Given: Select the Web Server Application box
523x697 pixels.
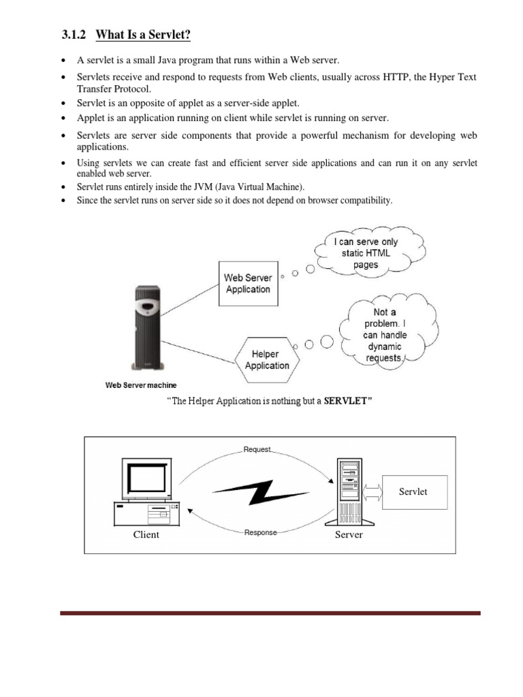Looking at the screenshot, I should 247,283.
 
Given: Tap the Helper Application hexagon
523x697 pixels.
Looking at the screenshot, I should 267,359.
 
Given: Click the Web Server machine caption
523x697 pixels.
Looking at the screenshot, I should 140,385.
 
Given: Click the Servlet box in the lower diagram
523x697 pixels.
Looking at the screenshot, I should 413,492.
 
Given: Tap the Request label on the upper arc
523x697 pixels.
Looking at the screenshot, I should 257,450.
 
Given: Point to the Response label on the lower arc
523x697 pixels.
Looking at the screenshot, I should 260,532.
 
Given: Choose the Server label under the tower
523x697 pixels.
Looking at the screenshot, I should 349,534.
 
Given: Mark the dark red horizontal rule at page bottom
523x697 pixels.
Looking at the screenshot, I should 270,613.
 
